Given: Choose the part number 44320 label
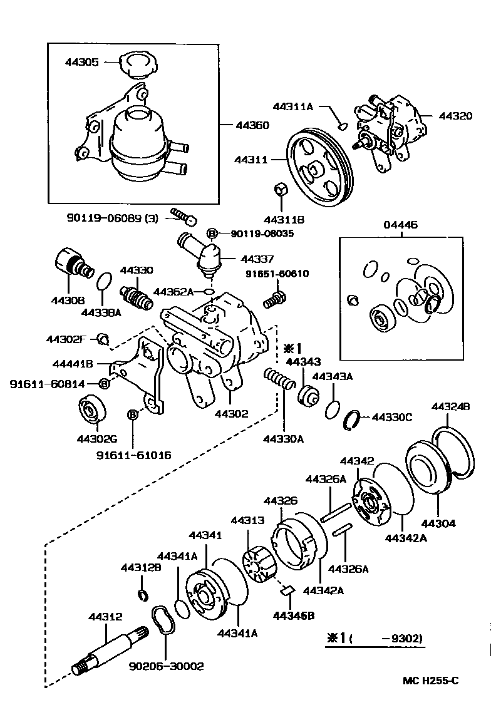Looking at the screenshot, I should click(x=455, y=116).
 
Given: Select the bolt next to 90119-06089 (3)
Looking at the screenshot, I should click(x=183, y=217).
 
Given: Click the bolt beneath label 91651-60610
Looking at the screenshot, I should click(x=274, y=298).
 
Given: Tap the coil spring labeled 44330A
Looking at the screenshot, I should click(x=279, y=379).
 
